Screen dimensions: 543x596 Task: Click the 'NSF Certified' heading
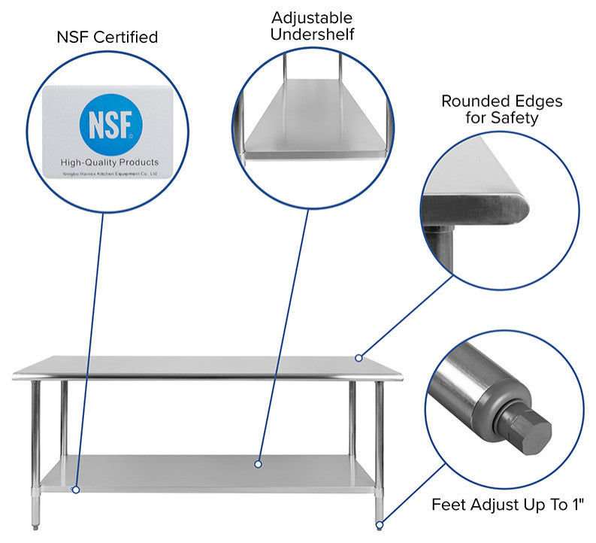click(107, 37)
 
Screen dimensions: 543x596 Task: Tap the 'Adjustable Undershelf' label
click(312, 26)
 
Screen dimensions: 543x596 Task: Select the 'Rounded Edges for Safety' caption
click(501, 109)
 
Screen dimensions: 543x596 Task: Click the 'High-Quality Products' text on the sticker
click(110, 162)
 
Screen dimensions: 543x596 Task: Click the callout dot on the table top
click(359, 357)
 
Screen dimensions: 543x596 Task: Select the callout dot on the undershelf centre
click(258, 464)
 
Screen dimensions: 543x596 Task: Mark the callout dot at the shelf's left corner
click(75, 490)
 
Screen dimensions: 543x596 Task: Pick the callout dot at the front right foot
click(380, 524)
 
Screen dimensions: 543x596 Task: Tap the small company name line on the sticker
click(110, 173)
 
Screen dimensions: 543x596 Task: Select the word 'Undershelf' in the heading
click(312, 35)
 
